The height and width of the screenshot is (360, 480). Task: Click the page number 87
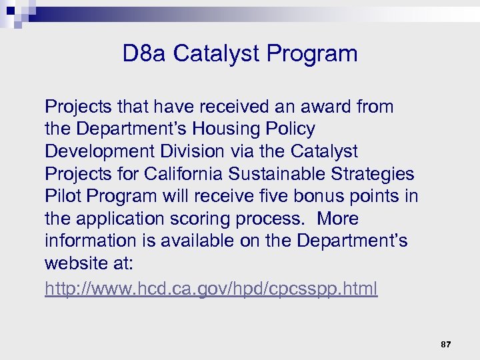coord(446,345)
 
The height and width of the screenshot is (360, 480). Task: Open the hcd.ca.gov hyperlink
coord(211,289)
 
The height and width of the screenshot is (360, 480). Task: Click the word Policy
coord(290,129)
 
